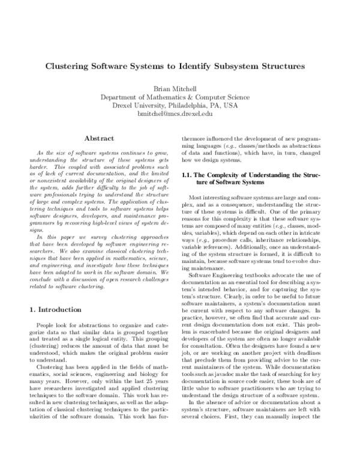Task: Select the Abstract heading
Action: click(99, 139)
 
